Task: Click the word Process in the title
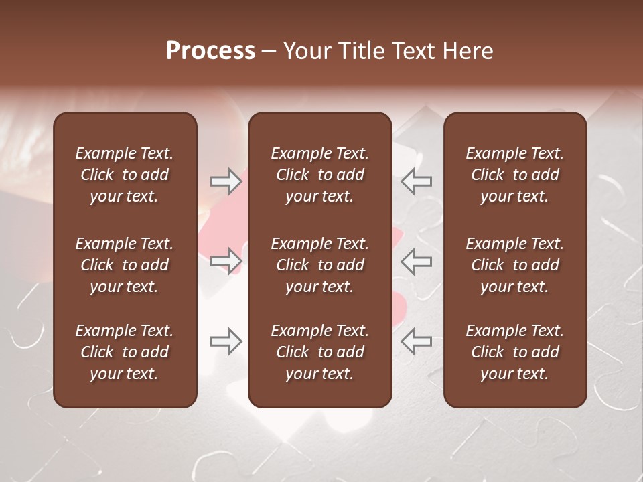[x=210, y=51]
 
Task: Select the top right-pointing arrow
[x=226, y=181]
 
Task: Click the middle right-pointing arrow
[x=226, y=261]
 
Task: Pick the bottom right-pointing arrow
[x=226, y=341]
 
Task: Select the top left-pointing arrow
[x=416, y=181]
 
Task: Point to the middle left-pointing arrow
[x=416, y=261]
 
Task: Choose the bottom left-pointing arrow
[x=416, y=341]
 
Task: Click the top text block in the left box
[x=125, y=175]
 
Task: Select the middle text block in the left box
[x=125, y=265]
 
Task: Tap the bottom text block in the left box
[x=125, y=352]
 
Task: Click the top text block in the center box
[x=320, y=175]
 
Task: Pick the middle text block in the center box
[x=320, y=265]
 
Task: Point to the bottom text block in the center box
[x=320, y=352]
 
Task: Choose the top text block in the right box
[x=515, y=175]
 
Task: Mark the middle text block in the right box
[x=515, y=265]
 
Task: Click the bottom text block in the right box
[x=515, y=352]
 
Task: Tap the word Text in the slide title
[x=413, y=51]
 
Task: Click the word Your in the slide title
[x=306, y=51]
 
